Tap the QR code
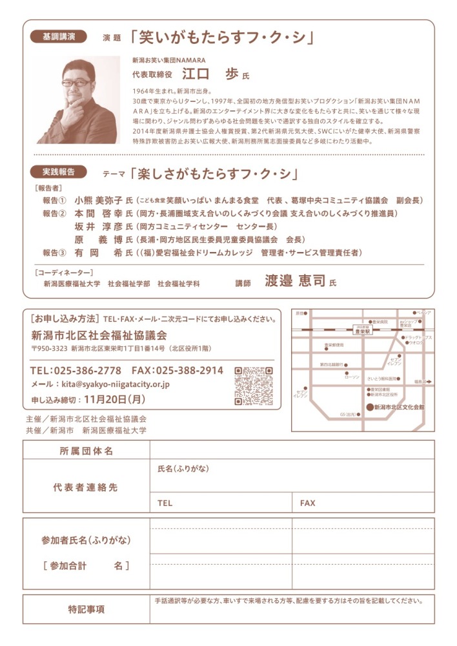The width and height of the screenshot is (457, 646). click(x=253, y=385)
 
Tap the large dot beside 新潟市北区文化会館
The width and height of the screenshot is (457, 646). click(x=370, y=408)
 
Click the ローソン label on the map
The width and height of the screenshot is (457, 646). click(x=352, y=376)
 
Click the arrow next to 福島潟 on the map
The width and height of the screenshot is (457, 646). click(x=429, y=382)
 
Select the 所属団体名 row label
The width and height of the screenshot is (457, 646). click(x=86, y=451)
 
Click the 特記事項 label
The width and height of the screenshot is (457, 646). click(x=86, y=609)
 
